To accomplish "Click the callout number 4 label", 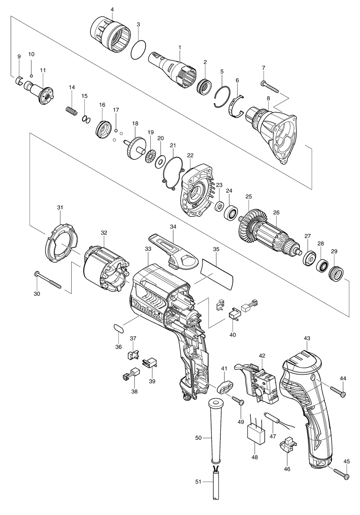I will tap(112, 9).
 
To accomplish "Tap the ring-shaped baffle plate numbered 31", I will tap(60, 244).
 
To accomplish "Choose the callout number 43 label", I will tap(307, 338).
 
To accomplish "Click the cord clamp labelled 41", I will tap(225, 387).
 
